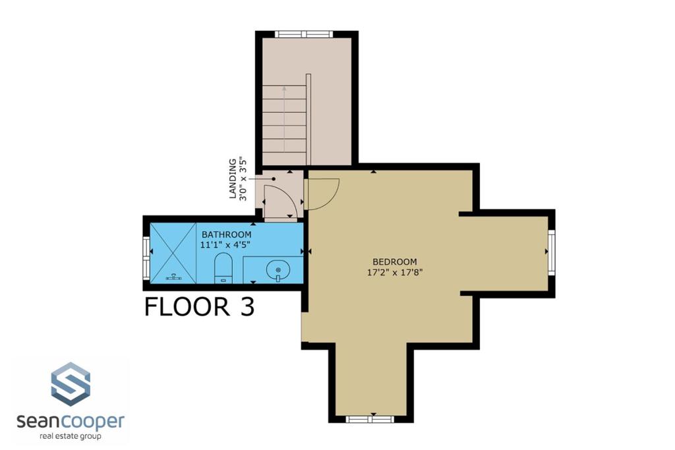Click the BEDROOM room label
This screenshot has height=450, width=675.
[394, 262]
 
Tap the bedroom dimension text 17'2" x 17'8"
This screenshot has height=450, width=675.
[395, 272]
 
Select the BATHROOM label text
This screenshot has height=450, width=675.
[227, 235]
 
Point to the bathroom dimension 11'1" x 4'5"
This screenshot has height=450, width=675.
[225, 245]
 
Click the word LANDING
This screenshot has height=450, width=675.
[233, 179]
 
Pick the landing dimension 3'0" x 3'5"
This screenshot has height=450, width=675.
[244, 179]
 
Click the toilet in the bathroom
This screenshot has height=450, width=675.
[223, 268]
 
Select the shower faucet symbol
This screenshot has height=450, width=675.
[173, 277]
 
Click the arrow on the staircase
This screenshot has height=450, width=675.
[284, 119]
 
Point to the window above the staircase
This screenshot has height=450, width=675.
[303, 34]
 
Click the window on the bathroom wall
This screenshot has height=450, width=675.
[146, 258]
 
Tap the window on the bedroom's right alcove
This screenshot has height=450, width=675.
[551, 252]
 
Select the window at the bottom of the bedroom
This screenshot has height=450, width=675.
[370, 419]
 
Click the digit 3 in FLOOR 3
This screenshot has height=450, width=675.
[247, 306]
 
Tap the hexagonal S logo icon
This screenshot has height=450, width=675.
[71, 384]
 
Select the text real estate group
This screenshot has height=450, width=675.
[71, 436]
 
